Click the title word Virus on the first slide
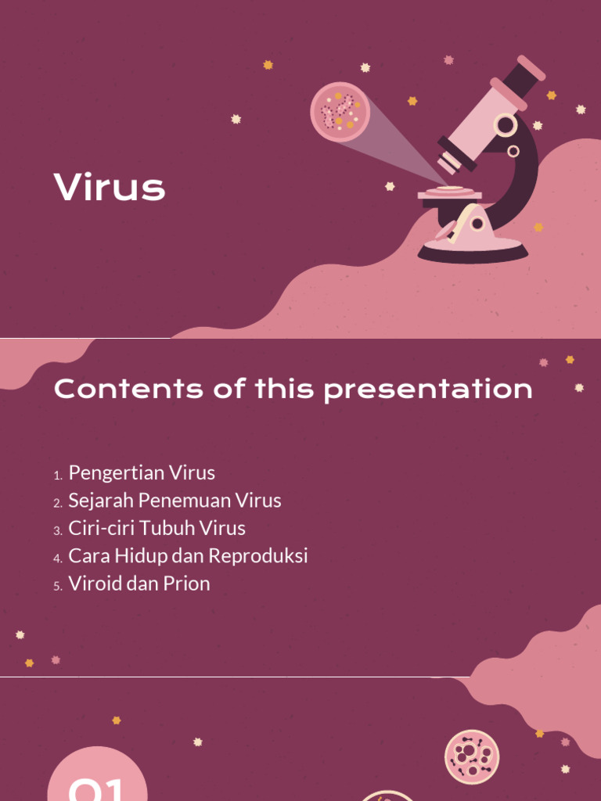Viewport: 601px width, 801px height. tap(110, 188)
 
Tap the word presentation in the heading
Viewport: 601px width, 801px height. tap(428, 389)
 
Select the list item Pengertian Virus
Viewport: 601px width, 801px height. tap(142, 472)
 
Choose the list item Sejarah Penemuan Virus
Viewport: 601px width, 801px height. tap(175, 500)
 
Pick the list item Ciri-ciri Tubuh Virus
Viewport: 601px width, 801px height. tap(157, 528)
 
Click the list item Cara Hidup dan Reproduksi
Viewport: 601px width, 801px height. tap(188, 556)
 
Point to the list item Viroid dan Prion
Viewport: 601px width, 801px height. tap(139, 584)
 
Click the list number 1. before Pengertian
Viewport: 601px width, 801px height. tap(58, 476)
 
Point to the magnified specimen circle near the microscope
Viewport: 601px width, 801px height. tap(340, 112)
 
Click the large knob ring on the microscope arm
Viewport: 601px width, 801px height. tap(506, 124)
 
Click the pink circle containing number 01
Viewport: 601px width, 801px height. tap(97, 778)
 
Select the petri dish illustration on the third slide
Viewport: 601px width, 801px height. tap(472, 756)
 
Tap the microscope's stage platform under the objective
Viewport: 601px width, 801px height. tap(449, 193)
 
